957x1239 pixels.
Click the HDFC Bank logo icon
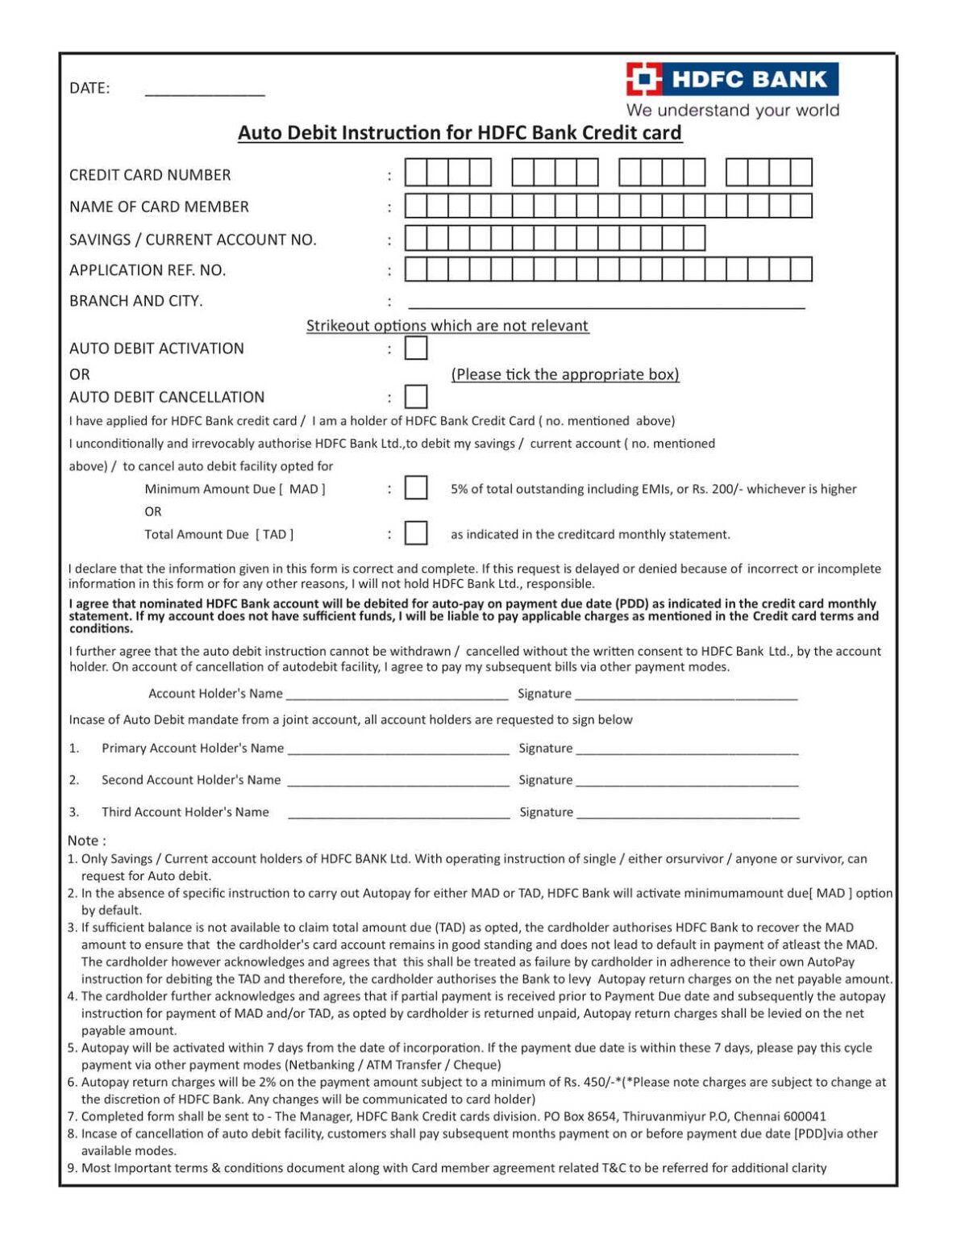click(x=644, y=79)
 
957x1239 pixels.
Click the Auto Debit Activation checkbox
click(x=416, y=348)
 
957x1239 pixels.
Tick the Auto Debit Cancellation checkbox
click(x=416, y=397)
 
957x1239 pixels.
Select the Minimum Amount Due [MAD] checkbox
click(x=416, y=488)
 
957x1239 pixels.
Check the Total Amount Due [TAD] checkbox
click(x=416, y=533)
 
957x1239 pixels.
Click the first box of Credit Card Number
click(x=415, y=173)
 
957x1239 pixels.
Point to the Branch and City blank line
click(x=606, y=306)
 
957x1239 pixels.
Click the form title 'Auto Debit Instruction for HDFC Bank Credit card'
click(x=460, y=133)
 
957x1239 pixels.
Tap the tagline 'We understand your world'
click(x=733, y=111)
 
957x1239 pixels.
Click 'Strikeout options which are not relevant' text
click(x=447, y=326)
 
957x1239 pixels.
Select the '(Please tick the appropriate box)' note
click(x=565, y=374)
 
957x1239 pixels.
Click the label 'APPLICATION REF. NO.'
click(x=148, y=270)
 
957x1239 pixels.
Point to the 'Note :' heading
click(x=87, y=841)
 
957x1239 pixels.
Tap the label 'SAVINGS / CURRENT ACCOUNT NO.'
click(x=193, y=240)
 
